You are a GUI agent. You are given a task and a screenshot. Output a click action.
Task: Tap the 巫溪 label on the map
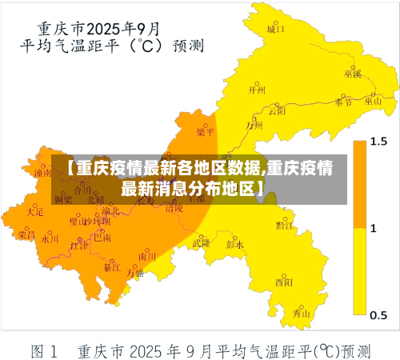[352, 74]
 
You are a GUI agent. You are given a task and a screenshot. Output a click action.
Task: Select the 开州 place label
[256, 90]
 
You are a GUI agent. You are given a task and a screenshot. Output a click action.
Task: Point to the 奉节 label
[343, 102]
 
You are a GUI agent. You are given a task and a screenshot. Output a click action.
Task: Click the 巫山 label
[373, 102]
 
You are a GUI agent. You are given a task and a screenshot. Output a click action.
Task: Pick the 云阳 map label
[277, 111]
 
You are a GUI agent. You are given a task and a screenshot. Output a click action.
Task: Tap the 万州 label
[254, 125]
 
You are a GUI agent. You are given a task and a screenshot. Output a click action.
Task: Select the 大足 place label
[34, 212]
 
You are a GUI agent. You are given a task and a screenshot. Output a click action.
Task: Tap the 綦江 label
[111, 269]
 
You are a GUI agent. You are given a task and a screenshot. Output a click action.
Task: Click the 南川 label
[147, 256]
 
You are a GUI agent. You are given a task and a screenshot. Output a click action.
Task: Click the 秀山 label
[301, 314]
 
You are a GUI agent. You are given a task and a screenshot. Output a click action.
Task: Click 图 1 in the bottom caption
[45, 350]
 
